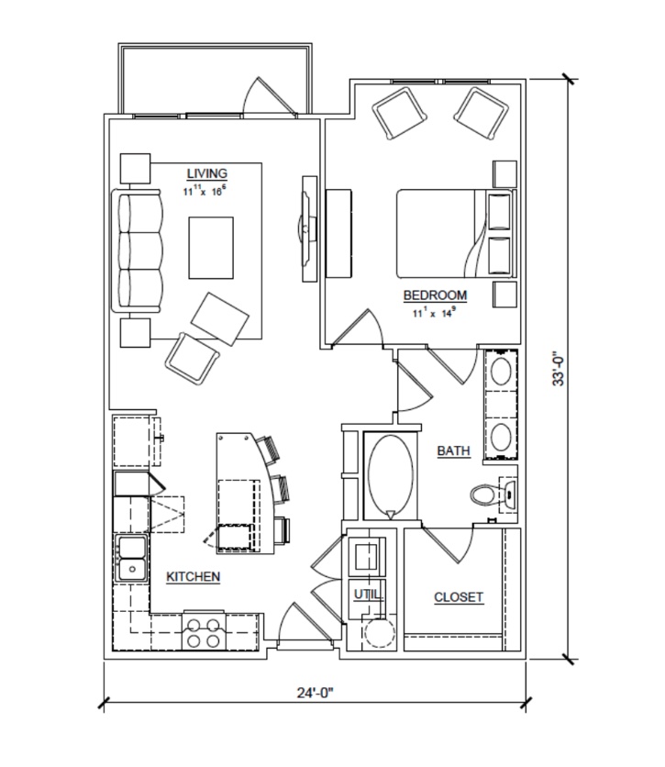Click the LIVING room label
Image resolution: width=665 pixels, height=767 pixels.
(206, 173)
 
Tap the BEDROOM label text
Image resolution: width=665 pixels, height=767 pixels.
(435, 295)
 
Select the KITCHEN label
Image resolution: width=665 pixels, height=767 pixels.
(194, 577)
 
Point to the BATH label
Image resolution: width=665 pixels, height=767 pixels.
(453, 450)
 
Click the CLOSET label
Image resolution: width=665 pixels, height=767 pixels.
(459, 597)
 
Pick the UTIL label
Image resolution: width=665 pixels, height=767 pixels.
(368, 595)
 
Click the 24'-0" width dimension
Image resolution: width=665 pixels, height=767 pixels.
(315, 693)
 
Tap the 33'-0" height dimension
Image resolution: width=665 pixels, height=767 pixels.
(559, 369)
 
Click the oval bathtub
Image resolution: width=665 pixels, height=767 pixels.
(390, 474)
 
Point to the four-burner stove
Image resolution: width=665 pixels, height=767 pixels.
(204, 631)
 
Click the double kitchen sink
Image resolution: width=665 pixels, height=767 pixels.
(131, 558)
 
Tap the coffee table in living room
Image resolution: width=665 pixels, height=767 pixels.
(211, 248)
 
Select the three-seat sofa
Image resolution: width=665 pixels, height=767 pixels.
(138, 251)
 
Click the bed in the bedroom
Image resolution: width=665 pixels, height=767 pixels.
(456, 234)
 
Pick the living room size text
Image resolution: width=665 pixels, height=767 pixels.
(205, 190)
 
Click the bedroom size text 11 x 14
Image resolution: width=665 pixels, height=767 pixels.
(434, 312)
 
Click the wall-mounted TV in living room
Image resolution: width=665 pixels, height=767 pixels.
(308, 229)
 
